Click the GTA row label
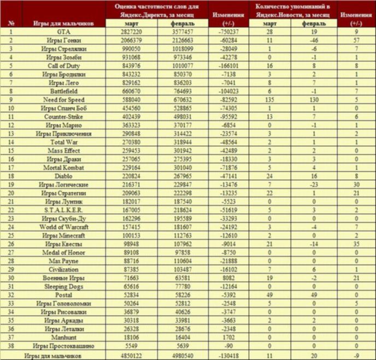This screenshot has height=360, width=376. coord(64,32)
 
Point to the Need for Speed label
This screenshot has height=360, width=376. coord(64,100)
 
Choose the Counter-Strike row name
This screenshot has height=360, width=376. coord(64,117)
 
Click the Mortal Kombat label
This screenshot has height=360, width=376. coord(64,168)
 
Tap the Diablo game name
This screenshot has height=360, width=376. coord(64,176)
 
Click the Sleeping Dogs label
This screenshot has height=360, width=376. coord(64,286)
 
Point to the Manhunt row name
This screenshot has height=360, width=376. coord(64,337)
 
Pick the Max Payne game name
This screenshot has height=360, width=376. coord(64,261)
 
